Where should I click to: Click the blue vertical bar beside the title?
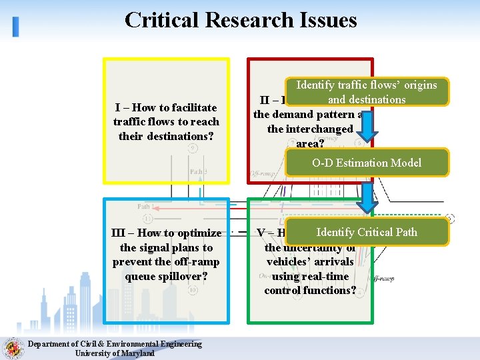click(x=15, y=26)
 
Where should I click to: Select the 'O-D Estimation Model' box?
click(x=367, y=163)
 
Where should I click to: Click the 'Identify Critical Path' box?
click(x=367, y=232)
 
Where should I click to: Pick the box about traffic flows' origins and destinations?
click(x=367, y=92)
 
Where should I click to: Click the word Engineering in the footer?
click(x=174, y=344)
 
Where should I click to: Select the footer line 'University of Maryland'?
click(x=114, y=353)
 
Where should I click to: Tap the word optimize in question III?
click(x=199, y=233)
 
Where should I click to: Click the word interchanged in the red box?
click(x=310, y=129)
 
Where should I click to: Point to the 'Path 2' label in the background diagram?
click(x=198, y=171)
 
